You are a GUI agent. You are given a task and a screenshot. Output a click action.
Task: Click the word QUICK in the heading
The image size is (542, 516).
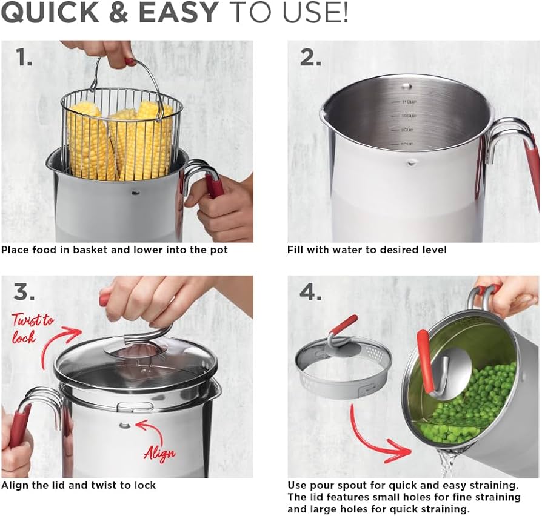point(52,13)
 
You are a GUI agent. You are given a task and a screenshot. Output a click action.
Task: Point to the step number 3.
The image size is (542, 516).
point(25,292)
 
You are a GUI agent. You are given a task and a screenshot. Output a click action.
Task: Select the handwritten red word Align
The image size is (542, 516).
point(159,452)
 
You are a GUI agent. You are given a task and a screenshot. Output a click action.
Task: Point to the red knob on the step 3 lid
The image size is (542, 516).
point(104,299)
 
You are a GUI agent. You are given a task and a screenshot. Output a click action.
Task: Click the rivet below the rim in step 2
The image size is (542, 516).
point(412,162)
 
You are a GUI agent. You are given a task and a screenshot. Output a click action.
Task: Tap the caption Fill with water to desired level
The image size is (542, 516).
point(367,250)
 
